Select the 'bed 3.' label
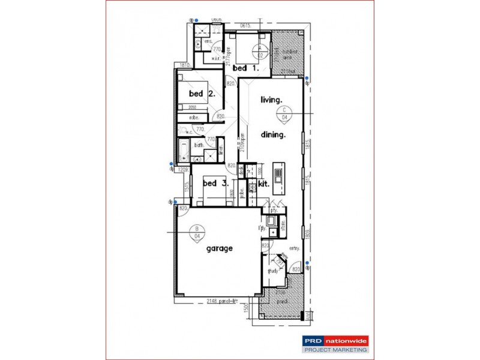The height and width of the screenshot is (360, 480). point(215,184)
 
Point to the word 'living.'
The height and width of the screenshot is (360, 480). point(271,100)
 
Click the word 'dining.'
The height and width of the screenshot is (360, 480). point(272,135)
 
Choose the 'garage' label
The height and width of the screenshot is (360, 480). point(220,248)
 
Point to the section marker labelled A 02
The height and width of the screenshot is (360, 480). point(260,50)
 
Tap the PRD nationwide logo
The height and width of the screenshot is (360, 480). point(335,340)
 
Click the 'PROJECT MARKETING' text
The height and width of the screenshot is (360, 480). point(335,349)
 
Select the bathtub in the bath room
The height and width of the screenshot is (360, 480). point(184,150)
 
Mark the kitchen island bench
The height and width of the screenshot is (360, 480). point(278,175)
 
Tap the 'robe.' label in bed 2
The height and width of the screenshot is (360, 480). point(194,118)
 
